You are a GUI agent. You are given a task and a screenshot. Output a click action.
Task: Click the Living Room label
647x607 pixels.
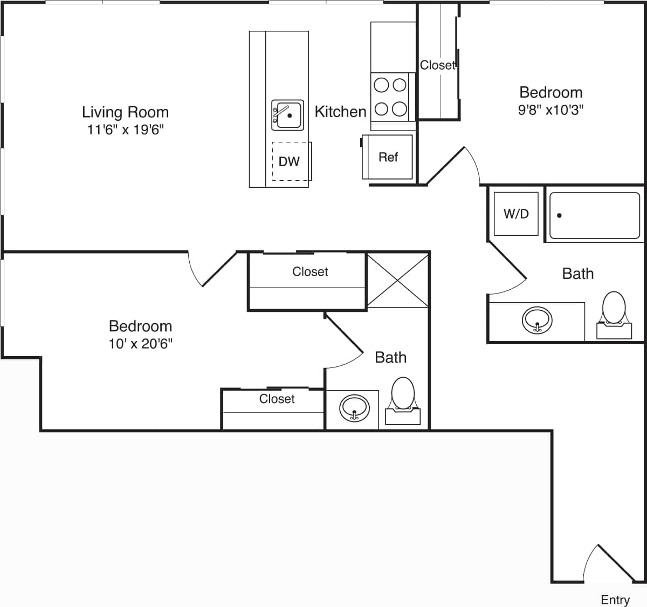125,112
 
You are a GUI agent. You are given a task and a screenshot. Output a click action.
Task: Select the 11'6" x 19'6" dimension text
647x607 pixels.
125,130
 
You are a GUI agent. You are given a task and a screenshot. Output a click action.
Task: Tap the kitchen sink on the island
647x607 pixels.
286,115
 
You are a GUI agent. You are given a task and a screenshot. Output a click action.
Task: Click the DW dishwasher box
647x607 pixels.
290,161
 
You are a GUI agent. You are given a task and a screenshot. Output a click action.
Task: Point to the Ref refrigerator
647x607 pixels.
388,157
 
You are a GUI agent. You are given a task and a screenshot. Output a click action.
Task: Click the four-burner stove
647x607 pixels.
390,97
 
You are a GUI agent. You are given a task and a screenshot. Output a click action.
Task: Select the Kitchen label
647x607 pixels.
340,112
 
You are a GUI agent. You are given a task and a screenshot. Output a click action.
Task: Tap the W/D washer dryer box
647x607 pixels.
516,214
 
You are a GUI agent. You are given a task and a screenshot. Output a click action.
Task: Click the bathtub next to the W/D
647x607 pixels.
594,216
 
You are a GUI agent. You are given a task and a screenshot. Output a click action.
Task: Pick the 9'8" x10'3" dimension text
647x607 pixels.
550,110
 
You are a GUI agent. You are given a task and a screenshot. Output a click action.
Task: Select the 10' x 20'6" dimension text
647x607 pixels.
141,344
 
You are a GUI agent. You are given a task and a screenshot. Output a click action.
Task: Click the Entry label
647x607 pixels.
615,599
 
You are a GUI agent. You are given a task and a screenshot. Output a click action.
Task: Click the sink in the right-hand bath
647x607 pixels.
536,320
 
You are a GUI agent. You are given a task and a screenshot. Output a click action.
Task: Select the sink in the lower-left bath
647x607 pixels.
354,408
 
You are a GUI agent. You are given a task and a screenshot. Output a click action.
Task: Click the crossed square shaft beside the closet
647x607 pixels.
398,279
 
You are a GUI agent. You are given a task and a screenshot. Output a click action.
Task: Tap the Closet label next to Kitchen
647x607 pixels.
438,65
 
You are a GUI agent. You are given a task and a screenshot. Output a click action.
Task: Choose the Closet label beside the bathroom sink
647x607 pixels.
277,399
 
